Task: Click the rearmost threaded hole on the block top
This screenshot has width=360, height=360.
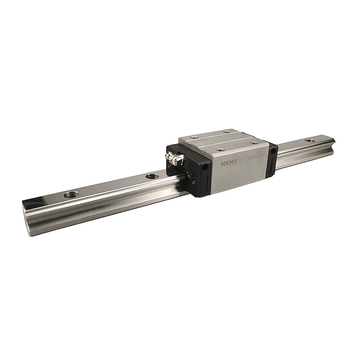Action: coord(226,131)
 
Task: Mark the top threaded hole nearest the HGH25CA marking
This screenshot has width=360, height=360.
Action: coord(254,143)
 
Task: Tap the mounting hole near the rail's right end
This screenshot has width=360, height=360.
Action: coord(309,140)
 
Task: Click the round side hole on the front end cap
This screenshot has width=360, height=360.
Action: coord(206,167)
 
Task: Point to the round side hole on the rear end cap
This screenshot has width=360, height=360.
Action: coord(274,151)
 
